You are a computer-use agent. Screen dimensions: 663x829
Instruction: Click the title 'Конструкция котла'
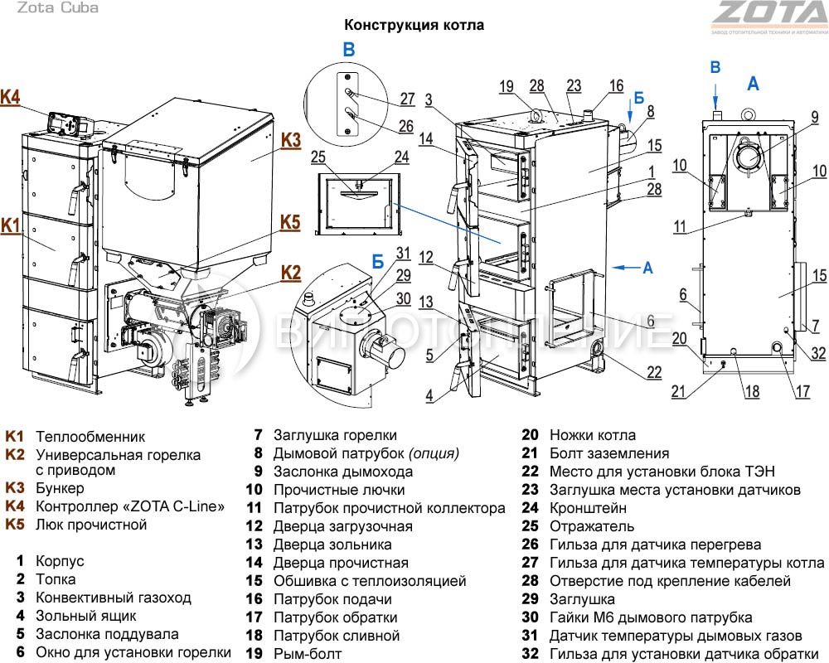[414, 26]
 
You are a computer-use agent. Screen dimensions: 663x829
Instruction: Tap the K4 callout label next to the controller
[10, 97]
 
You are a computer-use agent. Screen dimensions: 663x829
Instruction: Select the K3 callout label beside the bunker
[290, 140]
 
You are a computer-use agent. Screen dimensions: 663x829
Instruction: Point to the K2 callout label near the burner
[290, 271]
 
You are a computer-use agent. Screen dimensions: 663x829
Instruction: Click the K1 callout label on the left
[10, 225]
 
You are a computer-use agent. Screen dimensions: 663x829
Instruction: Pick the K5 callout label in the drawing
[289, 222]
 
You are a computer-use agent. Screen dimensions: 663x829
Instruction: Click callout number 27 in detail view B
[406, 99]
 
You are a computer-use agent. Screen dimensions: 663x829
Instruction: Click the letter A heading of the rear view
[753, 83]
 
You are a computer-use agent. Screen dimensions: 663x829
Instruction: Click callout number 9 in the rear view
[815, 116]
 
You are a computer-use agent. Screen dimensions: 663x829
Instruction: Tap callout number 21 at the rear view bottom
[679, 392]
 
